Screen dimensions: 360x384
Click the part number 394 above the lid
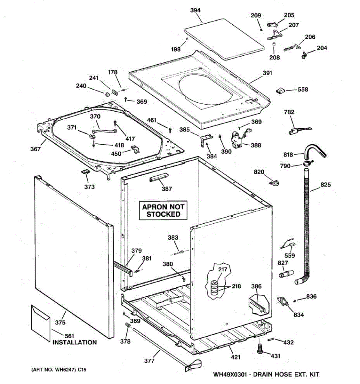(195, 10)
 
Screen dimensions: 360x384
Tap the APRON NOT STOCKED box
(163, 210)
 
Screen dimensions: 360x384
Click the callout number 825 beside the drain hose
(325, 185)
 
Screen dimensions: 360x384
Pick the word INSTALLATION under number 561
(75, 342)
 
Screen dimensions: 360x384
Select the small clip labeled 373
(85, 172)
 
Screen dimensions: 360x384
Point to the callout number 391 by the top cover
(267, 73)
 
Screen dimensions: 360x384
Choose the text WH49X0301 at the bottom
(230, 374)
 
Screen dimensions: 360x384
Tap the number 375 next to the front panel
(60, 322)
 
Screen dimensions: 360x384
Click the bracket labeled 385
(206, 140)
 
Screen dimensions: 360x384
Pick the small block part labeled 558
(280, 91)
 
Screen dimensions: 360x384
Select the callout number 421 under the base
(236, 357)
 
